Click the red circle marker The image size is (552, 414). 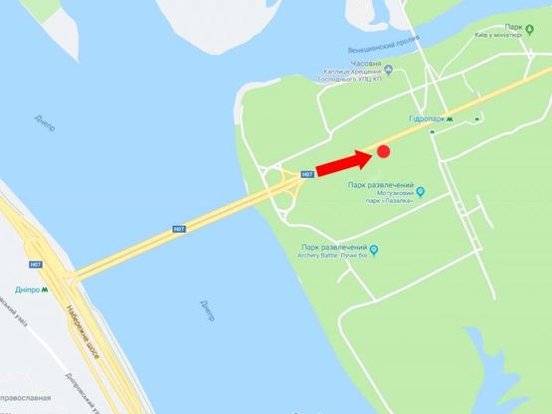pyautogui.click(x=383, y=151)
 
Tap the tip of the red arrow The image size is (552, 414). pyautogui.click(x=370, y=155)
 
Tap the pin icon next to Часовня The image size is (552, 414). pyautogui.click(x=389, y=70)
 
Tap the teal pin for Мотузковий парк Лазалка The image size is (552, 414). pyautogui.click(x=421, y=191)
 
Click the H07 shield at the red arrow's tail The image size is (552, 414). pyautogui.click(x=307, y=174)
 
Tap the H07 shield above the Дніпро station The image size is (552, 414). pyautogui.click(x=36, y=265)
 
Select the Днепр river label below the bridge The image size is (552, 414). pyautogui.click(x=200, y=304)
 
